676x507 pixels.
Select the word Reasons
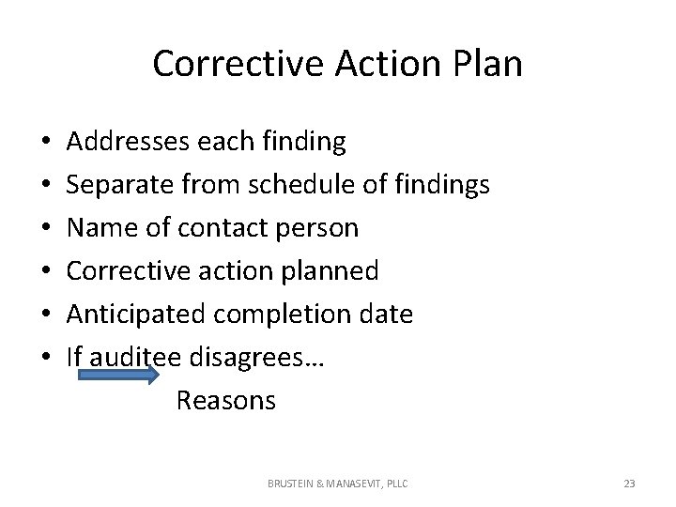[225, 401]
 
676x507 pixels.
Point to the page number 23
[629, 484]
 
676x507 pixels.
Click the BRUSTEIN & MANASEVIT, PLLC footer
[338, 484]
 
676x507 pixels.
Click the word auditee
[136, 358]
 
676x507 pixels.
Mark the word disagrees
[247, 358]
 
